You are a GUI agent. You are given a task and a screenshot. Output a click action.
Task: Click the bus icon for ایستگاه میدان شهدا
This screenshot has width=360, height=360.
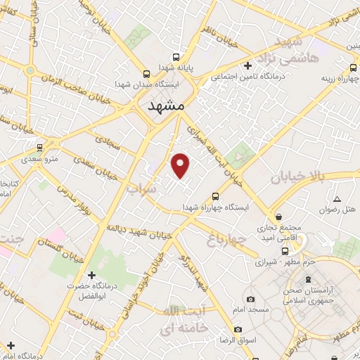[x=146, y=74]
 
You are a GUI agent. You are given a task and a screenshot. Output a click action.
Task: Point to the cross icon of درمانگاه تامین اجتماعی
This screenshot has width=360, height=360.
[x=247, y=66]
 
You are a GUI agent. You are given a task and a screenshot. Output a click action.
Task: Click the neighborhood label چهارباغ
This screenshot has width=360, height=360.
[x=226, y=240]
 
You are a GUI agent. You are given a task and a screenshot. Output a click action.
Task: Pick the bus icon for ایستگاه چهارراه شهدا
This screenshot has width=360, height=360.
[x=215, y=196]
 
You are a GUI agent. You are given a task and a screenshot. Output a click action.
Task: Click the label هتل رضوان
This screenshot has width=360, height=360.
[x=336, y=210]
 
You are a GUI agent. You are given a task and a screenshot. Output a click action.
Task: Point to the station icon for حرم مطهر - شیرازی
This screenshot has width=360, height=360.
[x=285, y=250]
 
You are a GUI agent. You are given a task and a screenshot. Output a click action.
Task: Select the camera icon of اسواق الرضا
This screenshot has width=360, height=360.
[x=238, y=329]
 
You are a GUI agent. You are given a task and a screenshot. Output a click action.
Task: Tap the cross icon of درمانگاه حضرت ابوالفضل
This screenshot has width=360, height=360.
[x=91, y=275]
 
